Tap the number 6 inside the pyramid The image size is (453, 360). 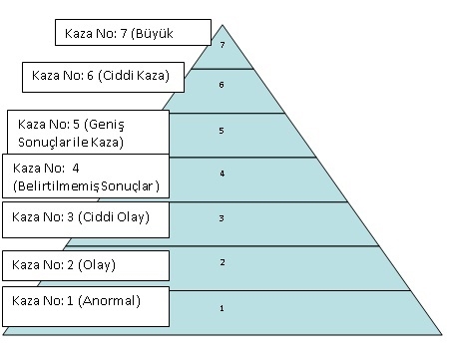pos(222,85)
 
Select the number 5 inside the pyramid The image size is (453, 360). pos(222,131)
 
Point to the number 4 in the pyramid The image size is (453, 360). pos(222,174)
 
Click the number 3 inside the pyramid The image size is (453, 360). pos(222,217)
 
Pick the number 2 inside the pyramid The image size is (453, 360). pos(222,262)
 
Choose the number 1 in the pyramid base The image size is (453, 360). pos(222,308)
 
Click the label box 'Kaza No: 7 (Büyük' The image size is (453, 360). pos(133,33)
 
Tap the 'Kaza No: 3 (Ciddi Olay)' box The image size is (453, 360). pos(85,216)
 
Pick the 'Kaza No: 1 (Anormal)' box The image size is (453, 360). pos(85,301)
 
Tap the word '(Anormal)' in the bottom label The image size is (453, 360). pos(112,301)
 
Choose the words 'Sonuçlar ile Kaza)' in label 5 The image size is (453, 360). pos(69,143)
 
